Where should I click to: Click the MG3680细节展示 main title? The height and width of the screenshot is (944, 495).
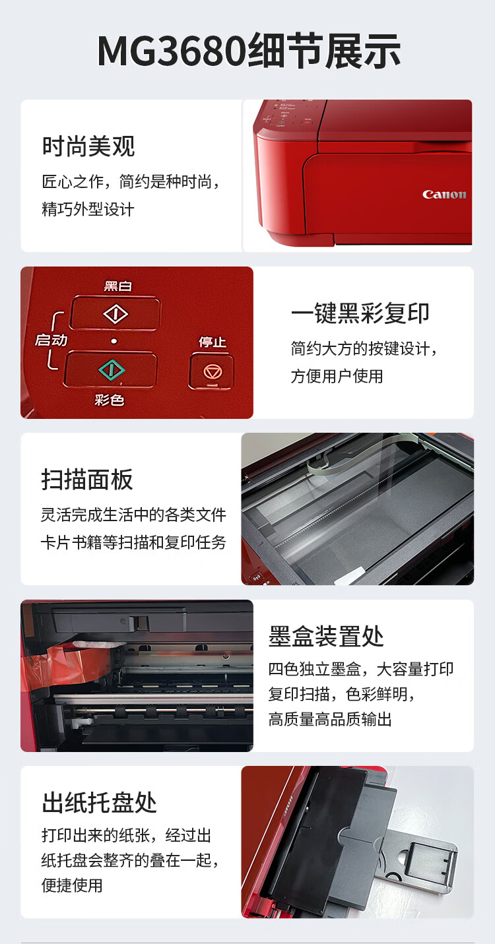pyautogui.click(x=249, y=51)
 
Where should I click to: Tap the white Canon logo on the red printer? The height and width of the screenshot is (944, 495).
pyautogui.click(x=444, y=195)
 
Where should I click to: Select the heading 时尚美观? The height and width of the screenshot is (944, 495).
pyautogui.click(x=88, y=146)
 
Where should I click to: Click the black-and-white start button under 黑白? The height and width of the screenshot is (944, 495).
pyautogui.click(x=115, y=313)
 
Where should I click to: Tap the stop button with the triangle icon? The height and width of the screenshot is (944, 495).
pyautogui.click(x=212, y=371)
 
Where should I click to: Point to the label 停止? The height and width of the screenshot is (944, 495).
pyautogui.click(x=213, y=342)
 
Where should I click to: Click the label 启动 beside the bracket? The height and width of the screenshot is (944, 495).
pyautogui.click(x=51, y=340)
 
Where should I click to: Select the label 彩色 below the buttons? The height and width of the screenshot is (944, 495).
pyautogui.click(x=109, y=400)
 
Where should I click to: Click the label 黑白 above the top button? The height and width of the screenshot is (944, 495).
pyautogui.click(x=118, y=286)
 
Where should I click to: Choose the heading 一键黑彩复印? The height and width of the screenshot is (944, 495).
pyautogui.click(x=360, y=313)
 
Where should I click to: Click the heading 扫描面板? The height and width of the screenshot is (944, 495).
pyautogui.click(x=87, y=480)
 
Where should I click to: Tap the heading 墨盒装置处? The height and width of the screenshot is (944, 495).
pyautogui.click(x=326, y=637)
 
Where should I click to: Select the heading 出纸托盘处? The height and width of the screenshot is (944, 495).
pyautogui.click(x=99, y=802)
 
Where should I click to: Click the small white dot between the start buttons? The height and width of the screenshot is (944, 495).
pyautogui.click(x=114, y=341)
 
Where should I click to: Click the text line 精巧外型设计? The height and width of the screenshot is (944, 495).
pyautogui.click(x=88, y=209)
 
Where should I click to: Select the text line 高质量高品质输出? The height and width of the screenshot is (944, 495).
pyautogui.click(x=330, y=719)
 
